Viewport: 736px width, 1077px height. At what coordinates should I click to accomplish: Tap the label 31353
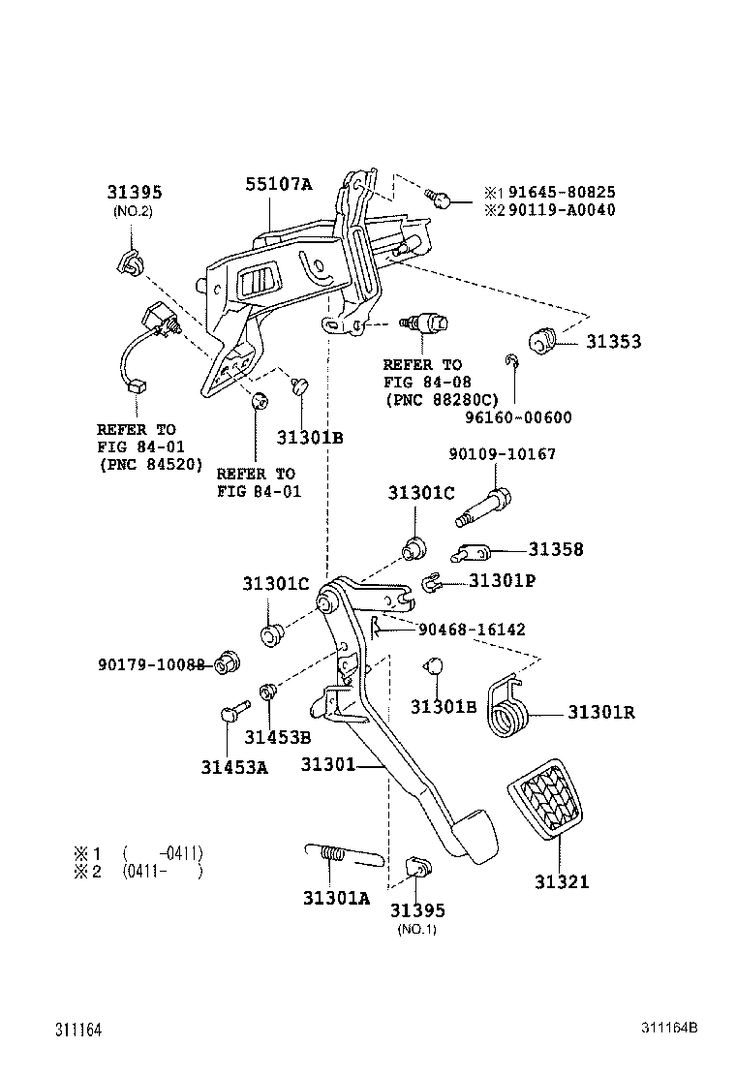612,342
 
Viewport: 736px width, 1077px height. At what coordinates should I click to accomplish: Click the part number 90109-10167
502,454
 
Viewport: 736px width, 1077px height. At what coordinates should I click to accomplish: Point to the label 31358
556,549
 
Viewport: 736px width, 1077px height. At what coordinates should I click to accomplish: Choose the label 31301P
503,581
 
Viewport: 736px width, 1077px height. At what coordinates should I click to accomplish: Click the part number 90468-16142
472,630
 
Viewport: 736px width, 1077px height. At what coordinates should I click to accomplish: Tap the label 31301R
600,713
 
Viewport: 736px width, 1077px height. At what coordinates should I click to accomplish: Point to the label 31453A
234,767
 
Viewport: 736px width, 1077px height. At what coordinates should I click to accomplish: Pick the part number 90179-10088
151,664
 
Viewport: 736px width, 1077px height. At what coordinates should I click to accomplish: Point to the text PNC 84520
149,464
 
